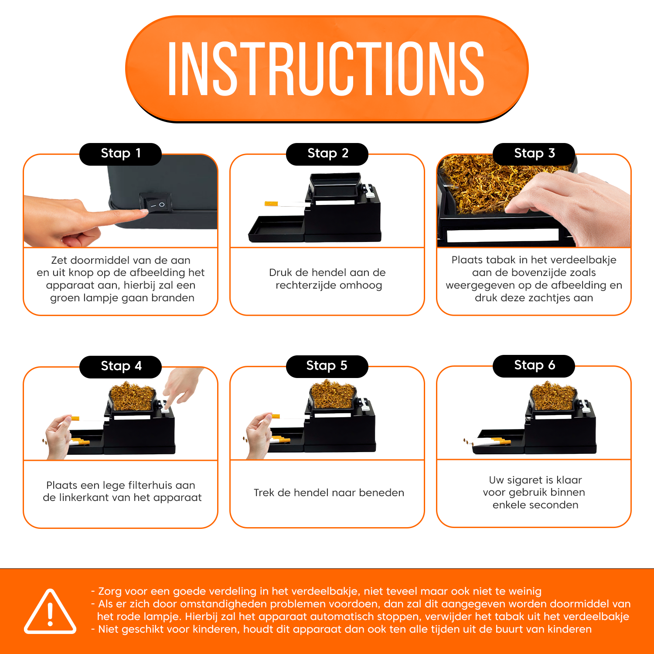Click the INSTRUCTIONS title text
(x=326, y=68)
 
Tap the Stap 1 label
(x=121, y=154)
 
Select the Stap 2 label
(x=327, y=154)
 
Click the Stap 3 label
(x=534, y=154)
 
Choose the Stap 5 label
(x=327, y=366)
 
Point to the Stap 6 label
(x=534, y=366)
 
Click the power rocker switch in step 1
(x=156, y=204)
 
